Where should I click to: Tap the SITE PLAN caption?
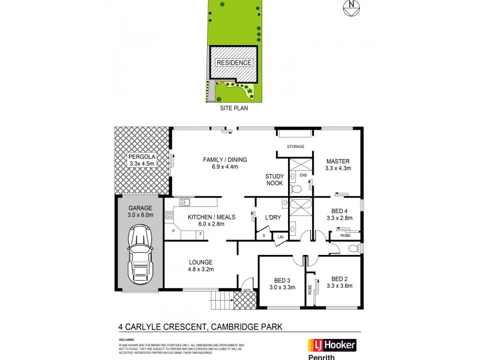click(x=233, y=109)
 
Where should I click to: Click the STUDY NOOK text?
click(x=275, y=179)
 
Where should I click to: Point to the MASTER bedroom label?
click(x=338, y=164)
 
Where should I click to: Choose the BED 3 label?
click(x=278, y=283)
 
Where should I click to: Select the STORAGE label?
click(x=295, y=146)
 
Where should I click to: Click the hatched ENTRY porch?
click(x=245, y=301)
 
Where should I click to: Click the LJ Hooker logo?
click(x=332, y=345)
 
